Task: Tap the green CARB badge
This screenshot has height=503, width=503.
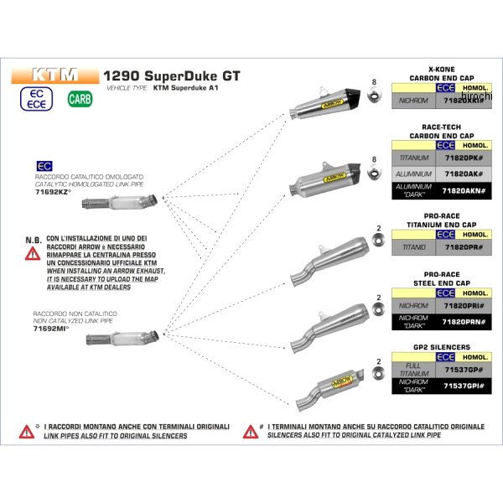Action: tap(77, 100)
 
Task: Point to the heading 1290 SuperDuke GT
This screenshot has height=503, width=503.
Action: tap(171, 75)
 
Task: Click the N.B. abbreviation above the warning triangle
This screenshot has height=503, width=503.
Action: tap(34, 240)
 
